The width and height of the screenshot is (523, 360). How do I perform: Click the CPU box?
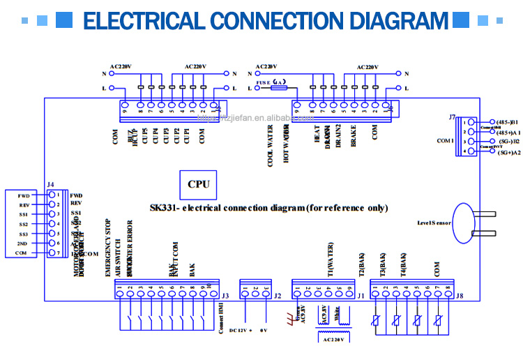click(199, 185)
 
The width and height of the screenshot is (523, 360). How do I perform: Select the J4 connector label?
click(51, 185)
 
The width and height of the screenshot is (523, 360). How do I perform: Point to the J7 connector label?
click(453, 117)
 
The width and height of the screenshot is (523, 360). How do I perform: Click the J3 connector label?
click(225, 296)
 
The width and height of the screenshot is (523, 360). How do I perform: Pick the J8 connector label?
click(459, 296)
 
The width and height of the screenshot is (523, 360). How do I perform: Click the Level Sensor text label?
click(434, 224)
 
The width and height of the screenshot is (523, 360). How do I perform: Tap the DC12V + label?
click(242, 330)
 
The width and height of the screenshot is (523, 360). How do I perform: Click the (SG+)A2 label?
click(507, 152)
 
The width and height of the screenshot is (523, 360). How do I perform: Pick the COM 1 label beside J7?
click(445, 140)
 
